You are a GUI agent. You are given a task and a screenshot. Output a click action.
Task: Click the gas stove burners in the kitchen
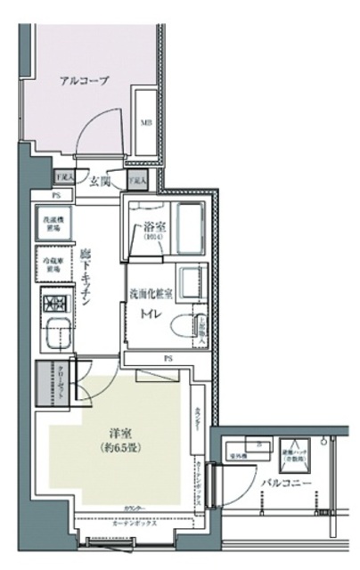tap(54, 303)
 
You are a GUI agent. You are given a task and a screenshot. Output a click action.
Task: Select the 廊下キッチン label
tap(86, 278)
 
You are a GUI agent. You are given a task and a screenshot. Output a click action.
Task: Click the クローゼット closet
tap(50, 384)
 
